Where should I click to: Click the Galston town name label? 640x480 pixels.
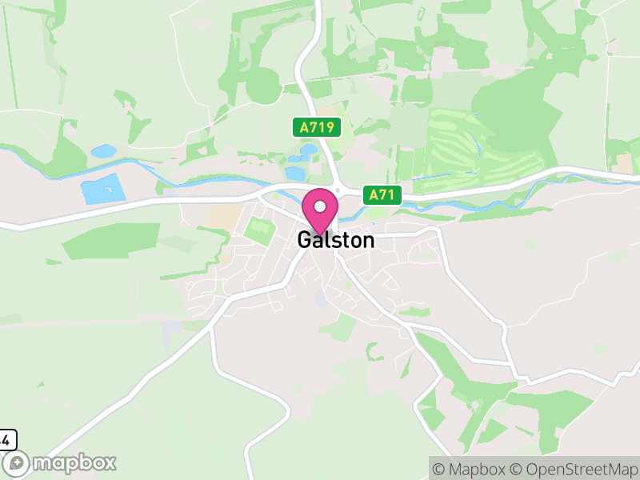click(335, 240)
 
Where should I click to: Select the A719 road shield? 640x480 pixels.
click(316, 126)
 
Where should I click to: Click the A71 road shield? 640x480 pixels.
click(381, 194)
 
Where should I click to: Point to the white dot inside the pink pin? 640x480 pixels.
click(320, 206)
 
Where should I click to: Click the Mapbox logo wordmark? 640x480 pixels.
click(74, 462)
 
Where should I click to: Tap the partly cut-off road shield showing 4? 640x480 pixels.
click(6, 439)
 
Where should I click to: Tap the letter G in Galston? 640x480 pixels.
click(304, 240)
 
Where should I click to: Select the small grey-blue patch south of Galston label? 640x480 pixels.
click(321, 298)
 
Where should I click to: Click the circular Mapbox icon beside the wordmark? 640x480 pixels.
click(17, 463)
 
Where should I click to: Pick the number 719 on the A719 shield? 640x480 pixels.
click(322, 126)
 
